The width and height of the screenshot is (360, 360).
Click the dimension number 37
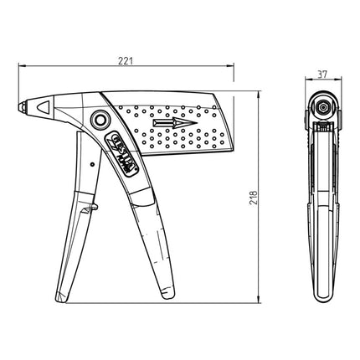[322, 74]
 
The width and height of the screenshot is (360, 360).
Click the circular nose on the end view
[322, 108]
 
